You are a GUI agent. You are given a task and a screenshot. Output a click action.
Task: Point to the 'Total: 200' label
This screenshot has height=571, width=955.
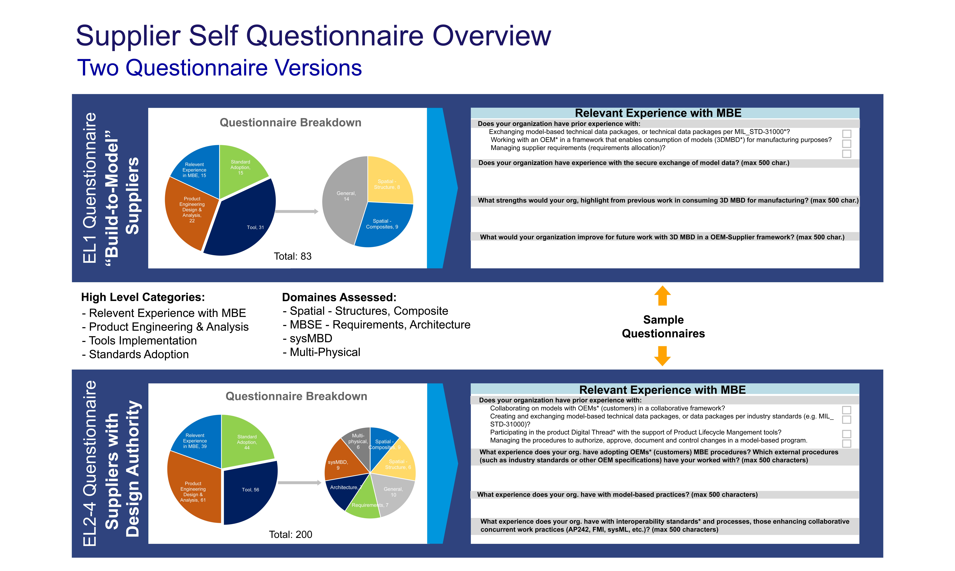(291, 534)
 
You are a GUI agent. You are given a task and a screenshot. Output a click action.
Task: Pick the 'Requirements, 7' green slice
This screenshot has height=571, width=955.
(364, 500)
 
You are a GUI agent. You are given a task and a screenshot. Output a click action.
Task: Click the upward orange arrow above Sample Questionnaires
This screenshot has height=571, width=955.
(663, 296)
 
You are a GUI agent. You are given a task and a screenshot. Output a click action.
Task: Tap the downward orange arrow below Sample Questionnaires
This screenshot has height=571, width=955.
(663, 356)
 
